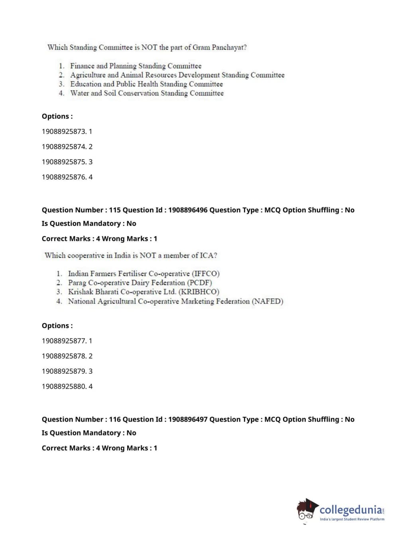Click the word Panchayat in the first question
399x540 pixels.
coord(229,47)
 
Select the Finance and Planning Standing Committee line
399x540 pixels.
coord(136,66)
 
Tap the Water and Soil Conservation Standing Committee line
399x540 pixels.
coord(147,93)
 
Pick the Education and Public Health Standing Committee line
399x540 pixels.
coord(146,84)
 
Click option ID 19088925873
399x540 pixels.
coord(64,131)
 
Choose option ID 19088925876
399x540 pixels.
coord(64,177)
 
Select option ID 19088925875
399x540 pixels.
coord(64,162)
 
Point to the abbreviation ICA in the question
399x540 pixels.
coord(208,255)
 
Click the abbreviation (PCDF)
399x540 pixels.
coord(200,283)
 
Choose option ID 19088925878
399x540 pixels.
coord(64,356)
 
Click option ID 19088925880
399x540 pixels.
coord(64,386)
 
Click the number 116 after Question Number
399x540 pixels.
coord(115,419)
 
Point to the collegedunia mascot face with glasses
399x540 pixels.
coord(307,511)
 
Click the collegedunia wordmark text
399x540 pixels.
coord(351,510)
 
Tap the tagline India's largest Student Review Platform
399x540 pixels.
coord(352,519)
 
